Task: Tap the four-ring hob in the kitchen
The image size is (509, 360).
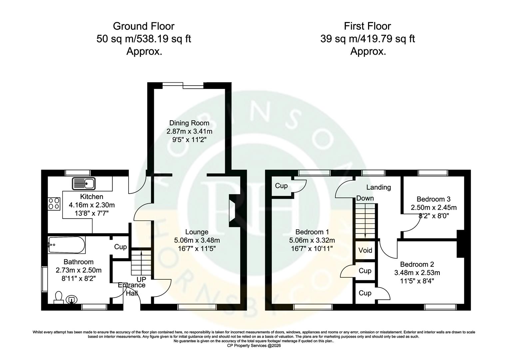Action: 54,203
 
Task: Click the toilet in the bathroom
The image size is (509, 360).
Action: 59,297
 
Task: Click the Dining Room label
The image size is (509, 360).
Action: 189,123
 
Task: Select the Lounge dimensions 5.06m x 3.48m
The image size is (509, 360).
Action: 197,240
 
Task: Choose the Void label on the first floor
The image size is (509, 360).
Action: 365,250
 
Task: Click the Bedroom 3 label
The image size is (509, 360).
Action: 433,199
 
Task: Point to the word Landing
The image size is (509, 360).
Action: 378,187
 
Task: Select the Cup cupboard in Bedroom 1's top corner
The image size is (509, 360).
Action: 281,186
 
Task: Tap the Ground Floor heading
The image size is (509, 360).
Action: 144,26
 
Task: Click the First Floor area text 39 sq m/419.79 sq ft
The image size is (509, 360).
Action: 367,39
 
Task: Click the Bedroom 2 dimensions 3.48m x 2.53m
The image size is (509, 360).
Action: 417,273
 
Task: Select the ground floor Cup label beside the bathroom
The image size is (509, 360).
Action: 120,247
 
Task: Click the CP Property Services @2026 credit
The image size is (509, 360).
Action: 254,346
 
